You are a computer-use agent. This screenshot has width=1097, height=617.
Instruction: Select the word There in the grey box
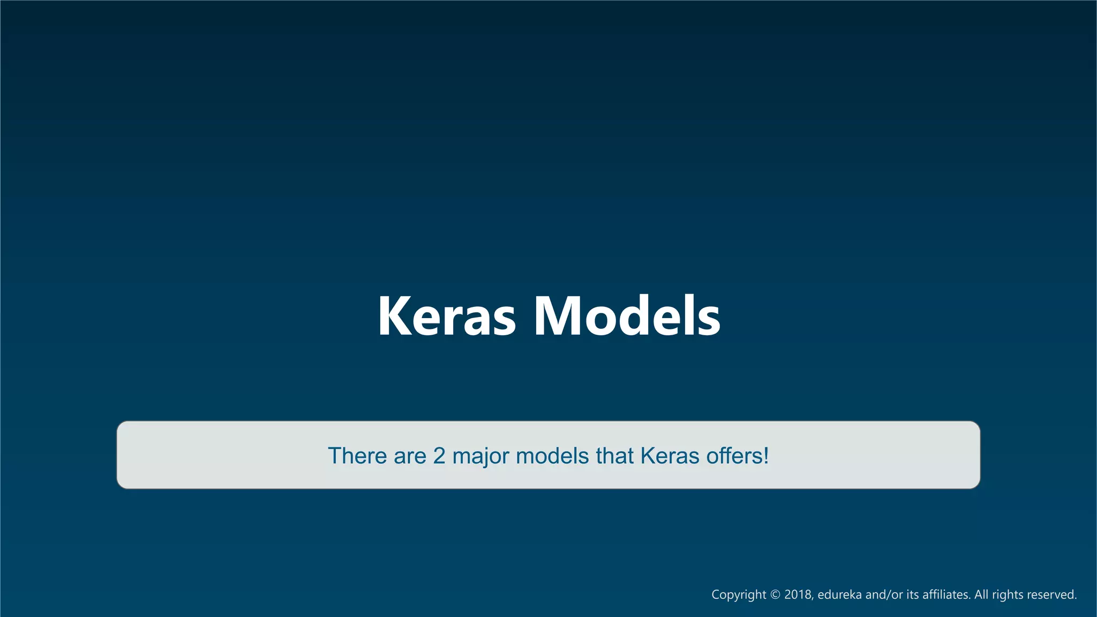[x=357, y=456]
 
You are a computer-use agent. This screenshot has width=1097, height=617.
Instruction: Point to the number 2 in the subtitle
[x=439, y=456]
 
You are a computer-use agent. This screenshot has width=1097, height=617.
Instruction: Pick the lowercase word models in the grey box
[x=552, y=456]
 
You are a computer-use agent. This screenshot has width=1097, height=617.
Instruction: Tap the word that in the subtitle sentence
[x=615, y=456]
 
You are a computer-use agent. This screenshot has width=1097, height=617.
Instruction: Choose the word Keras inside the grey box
[x=670, y=456]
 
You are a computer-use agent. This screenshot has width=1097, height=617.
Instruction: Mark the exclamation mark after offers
[x=767, y=456]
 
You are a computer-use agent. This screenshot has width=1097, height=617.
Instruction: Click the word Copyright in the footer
[x=739, y=595]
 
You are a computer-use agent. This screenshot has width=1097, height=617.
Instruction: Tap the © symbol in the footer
[x=775, y=595]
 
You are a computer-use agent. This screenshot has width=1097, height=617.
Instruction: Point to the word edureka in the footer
[x=839, y=595]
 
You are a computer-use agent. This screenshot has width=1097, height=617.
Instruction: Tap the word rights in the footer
[x=1007, y=595]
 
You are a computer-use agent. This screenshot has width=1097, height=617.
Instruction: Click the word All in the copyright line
[x=981, y=595]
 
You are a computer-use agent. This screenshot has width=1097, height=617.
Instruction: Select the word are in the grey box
[x=410, y=456]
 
